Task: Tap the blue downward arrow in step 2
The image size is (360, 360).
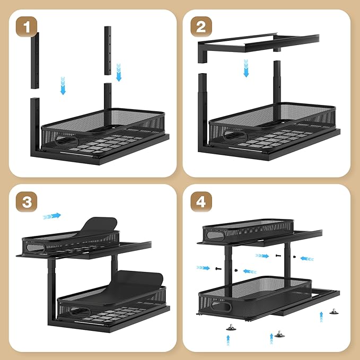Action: pos(246,68)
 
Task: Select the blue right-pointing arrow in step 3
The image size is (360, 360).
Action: pos(51,216)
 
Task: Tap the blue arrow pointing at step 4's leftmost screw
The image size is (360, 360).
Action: pos(204,268)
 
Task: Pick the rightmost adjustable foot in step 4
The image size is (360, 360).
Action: pos(334,312)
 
